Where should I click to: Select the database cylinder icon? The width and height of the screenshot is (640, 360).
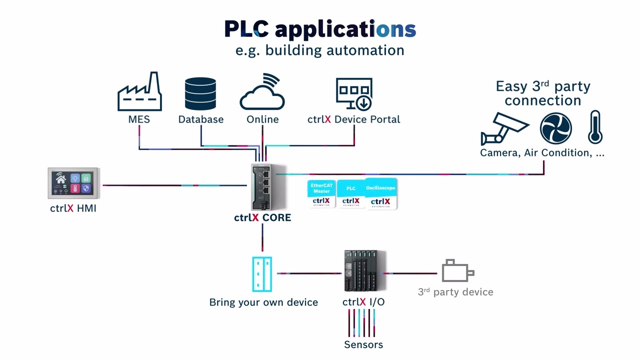pos(200,93)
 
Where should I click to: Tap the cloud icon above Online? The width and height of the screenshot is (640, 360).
pos(262,93)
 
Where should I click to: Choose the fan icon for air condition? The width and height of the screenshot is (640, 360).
pos(555,128)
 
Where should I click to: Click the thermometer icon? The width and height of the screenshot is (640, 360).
pos(595,127)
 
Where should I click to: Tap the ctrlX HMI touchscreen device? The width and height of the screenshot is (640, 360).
pos(73,183)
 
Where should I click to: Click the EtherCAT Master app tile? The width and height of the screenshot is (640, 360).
pos(321,193)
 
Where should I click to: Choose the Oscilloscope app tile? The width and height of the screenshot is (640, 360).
pos(381,194)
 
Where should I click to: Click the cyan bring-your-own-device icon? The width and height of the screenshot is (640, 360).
pos(262,274)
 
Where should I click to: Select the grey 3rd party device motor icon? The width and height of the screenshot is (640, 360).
pos(457,271)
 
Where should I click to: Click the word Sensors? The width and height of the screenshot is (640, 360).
pos(363,344)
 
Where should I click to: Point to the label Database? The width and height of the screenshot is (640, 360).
pos(201,119)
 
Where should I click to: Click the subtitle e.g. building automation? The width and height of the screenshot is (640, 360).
pos(319,50)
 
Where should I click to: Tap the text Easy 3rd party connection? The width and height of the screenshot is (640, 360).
pos(542,93)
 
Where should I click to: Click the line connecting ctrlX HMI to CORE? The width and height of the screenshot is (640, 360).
pos(175,185)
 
